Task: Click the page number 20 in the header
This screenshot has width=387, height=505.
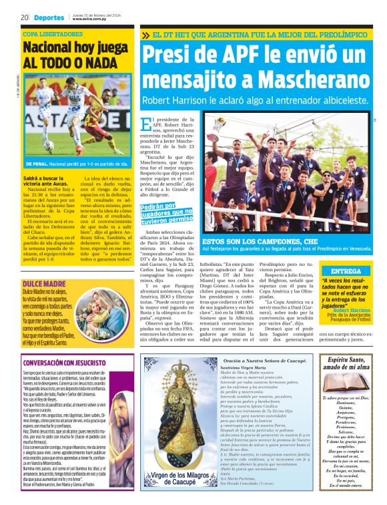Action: [x=24, y=17]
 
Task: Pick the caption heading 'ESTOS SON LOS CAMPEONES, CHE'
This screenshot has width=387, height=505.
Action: [x=256, y=240]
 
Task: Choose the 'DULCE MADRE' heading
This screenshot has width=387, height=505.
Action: [x=43, y=265]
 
